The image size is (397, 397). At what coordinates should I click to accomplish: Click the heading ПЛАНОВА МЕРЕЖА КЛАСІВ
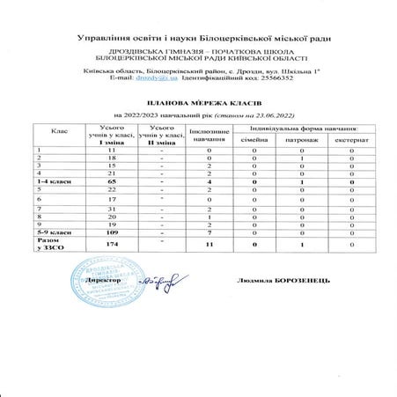coord(198,101)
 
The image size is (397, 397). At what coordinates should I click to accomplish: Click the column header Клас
coord(60,133)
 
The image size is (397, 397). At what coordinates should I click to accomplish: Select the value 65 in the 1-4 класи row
coord(111,180)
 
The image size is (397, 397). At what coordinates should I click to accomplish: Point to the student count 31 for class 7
coord(111,209)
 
